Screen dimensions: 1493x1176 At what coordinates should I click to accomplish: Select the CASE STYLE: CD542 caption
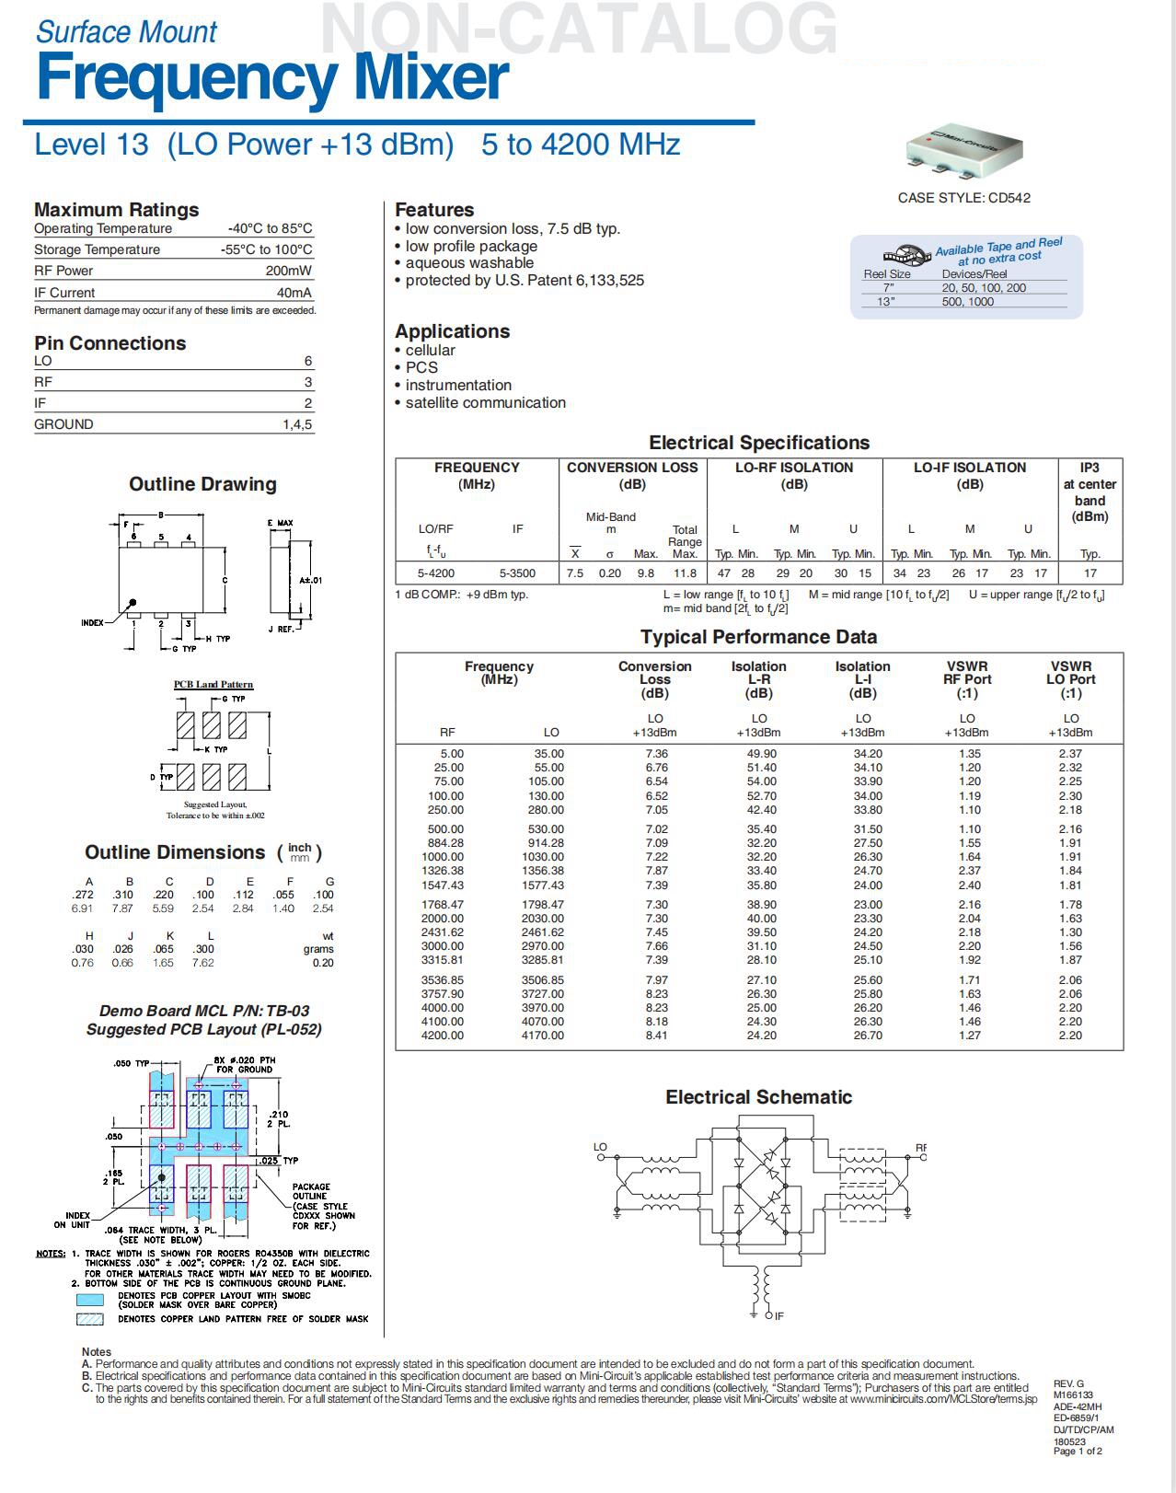pos(963,198)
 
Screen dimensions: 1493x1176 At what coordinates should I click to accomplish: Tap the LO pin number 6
pos(308,361)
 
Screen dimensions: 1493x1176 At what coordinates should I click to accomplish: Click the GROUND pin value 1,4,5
pos(297,424)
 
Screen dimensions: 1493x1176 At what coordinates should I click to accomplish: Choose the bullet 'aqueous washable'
pos(469,263)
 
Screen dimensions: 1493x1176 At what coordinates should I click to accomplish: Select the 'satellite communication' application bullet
pos(485,402)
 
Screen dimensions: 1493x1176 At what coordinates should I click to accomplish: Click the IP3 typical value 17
pos(1090,573)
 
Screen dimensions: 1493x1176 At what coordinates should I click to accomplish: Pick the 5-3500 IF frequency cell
pos(517,573)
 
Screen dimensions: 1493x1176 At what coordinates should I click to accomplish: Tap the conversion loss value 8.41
pos(656,1036)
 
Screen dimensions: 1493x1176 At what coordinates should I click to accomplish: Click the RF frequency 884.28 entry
pos(446,842)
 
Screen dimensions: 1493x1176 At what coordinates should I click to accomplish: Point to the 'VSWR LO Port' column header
pos(1070,679)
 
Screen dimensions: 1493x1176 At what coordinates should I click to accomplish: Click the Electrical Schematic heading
pos(758,1097)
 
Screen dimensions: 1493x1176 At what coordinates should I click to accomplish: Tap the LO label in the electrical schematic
pos(600,1147)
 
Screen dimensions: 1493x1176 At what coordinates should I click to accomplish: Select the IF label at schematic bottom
pos(778,1316)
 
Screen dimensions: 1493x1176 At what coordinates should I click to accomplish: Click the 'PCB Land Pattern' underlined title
pos(213,684)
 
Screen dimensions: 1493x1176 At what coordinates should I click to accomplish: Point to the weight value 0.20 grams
pos(322,963)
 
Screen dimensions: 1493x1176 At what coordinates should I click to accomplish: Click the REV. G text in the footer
pos(1068,1383)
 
